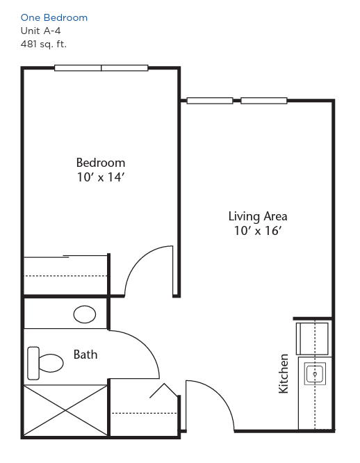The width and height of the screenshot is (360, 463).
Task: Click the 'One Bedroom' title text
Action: pos(54,17)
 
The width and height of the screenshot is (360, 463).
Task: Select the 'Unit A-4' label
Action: pos(41,31)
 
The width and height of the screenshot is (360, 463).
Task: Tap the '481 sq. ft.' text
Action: pos(44,44)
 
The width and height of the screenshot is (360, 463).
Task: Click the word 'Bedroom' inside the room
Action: pos(101,163)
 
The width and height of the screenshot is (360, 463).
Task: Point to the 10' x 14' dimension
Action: pos(101,177)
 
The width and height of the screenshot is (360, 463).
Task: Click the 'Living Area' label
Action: pos(258,216)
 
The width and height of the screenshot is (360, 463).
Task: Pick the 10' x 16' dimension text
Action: pos(258,231)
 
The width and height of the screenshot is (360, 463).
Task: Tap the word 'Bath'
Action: pos(85,355)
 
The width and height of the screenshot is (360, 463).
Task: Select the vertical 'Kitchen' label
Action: pos(284,373)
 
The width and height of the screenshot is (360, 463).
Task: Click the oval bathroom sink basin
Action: pos(85,314)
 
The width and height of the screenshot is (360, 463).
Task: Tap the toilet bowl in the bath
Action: pos(51,363)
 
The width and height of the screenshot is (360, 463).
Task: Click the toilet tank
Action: pos(33,363)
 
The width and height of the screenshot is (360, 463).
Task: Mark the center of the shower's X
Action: pos(65,410)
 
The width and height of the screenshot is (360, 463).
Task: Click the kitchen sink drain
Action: pos(315,374)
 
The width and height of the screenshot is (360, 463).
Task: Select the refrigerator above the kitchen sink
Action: pos(313,339)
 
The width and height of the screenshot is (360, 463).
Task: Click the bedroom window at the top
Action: pos(101,68)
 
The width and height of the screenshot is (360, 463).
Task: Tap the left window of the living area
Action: pos(210,101)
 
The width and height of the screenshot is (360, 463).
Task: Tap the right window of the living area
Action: pos(264,101)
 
